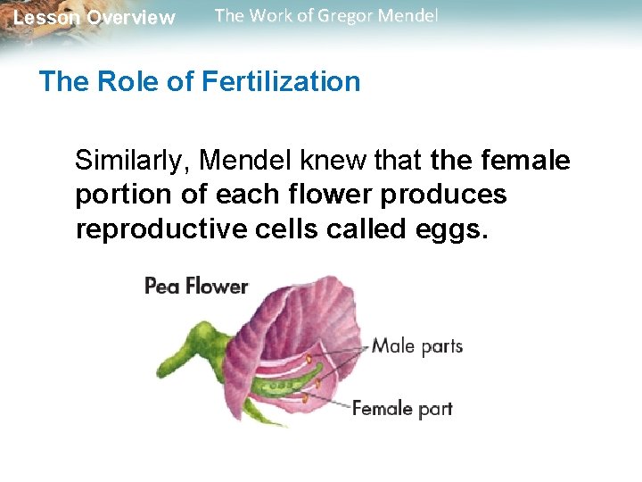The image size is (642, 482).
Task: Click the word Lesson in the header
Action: pyautogui.click(x=46, y=18)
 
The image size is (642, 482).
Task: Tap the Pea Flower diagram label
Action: pyautogui.click(x=196, y=287)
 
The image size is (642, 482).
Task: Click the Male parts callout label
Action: pyautogui.click(x=417, y=345)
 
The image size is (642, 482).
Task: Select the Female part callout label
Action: pyautogui.click(x=402, y=409)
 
